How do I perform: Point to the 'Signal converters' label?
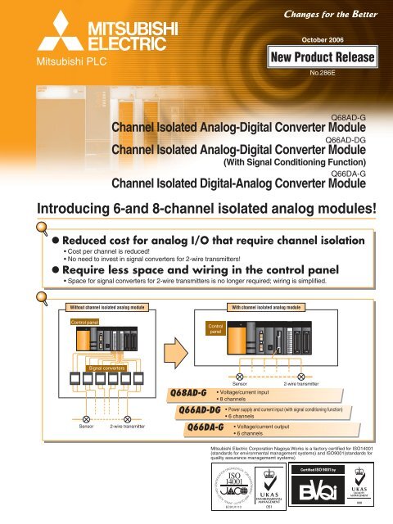click(x=106, y=368)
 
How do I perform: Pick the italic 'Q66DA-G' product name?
click(x=206, y=426)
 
